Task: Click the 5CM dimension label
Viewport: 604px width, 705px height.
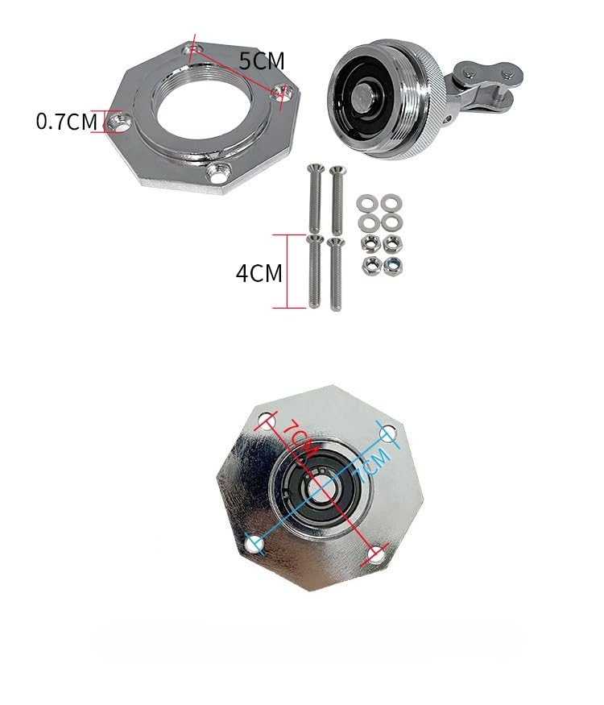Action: click(x=262, y=61)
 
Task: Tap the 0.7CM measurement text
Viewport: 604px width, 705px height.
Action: click(x=67, y=122)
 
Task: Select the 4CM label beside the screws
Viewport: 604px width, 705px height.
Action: click(x=259, y=273)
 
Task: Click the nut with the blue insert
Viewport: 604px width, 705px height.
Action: click(x=393, y=265)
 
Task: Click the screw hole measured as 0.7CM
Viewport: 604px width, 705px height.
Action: click(x=119, y=122)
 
